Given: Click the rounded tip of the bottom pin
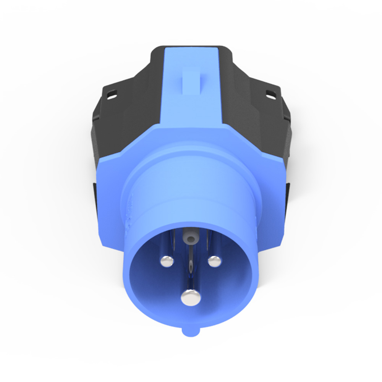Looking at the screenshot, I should (191, 298).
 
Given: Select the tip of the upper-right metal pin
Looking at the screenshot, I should (214, 261).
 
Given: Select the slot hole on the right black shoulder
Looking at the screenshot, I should (270, 93).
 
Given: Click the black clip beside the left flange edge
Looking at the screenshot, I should (95, 195).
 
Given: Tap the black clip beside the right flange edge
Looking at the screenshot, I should (287, 195).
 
